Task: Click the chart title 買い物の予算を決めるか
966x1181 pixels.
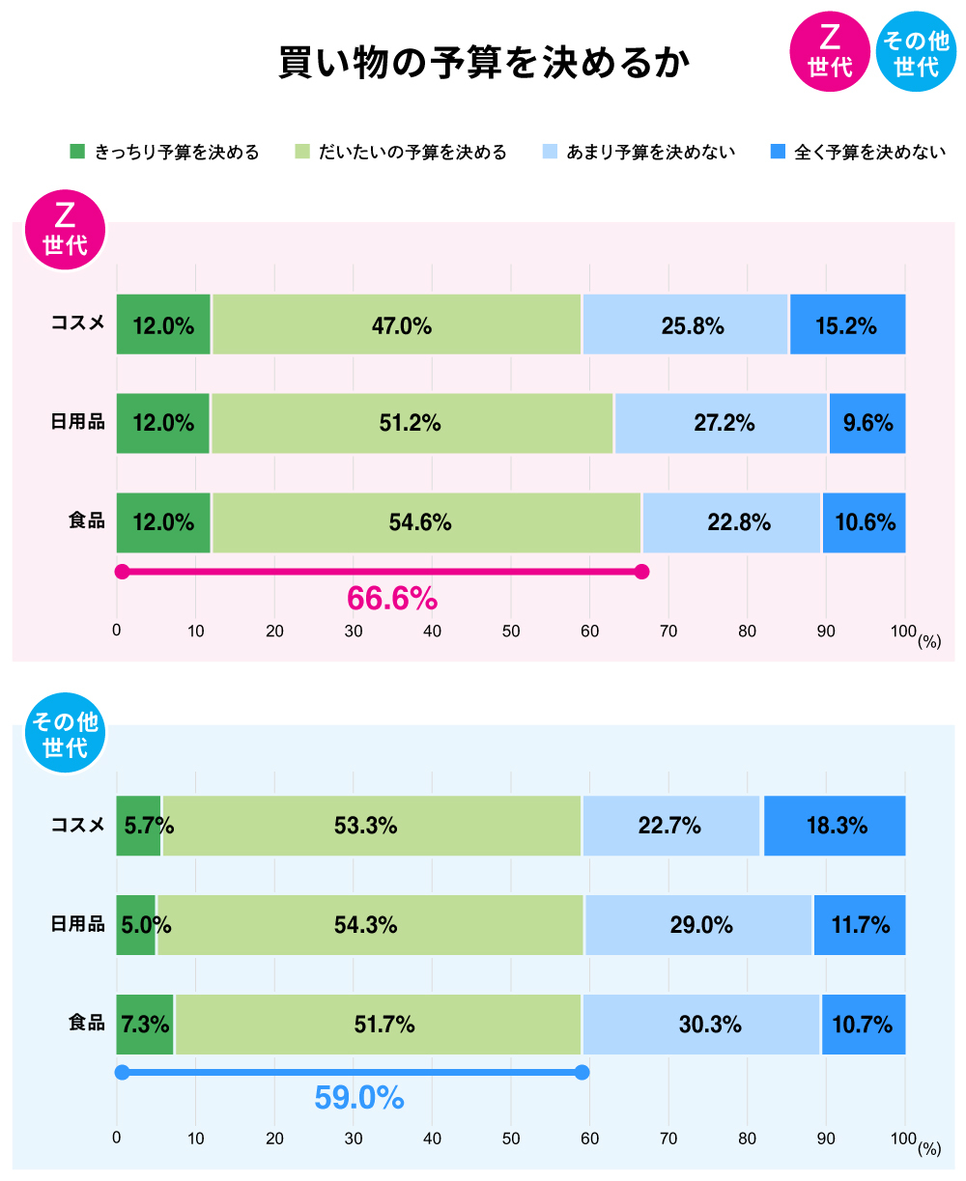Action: click(x=484, y=63)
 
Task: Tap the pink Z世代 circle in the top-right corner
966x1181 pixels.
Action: click(x=829, y=52)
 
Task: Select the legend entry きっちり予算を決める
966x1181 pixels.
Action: click(x=164, y=152)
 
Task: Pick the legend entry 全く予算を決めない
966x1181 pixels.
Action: click(x=857, y=152)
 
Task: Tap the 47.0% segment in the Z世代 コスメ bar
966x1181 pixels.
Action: click(x=397, y=325)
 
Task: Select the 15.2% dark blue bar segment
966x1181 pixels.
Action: click(x=847, y=325)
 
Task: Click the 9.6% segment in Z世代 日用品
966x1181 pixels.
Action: click(x=867, y=423)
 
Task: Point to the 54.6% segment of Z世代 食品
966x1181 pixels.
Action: click(x=426, y=522)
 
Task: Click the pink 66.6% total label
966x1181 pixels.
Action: click(x=392, y=599)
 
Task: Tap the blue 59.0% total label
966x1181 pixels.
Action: click(x=358, y=1098)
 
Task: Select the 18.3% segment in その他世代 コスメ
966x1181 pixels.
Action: click(x=835, y=826)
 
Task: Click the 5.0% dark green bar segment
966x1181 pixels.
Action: click(x=135, y=925)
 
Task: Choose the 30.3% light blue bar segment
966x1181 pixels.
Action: click(x=701, y=1025)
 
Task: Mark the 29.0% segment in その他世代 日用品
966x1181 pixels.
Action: click(x=698, y=925)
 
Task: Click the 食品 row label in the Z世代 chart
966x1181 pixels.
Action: click(x=86, y=521)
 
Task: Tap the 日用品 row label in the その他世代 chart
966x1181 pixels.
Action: click(x=77, y=924)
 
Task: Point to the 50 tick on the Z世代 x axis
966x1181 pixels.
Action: click(x=511, y=632)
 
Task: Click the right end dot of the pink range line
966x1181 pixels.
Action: click(x=642, y=572)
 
